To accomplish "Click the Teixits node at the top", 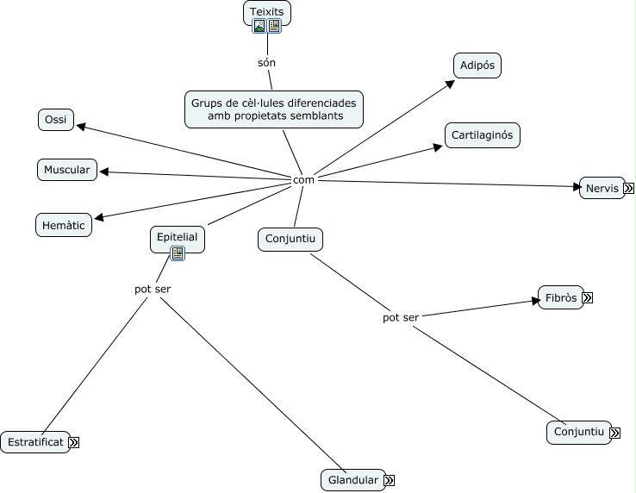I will [x=267, y=12].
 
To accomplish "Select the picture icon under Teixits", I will [x=259, y=26].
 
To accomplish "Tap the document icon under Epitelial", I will [x=178, y=253].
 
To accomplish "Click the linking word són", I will [x=267, y=63].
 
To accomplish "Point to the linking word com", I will [x=303, y=179].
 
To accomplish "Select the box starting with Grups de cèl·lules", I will [x=274, y=109].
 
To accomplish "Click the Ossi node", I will [x=57, y=120].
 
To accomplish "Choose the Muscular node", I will [x=67, y=170].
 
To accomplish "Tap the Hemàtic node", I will [x=65, y=226].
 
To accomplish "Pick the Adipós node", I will [x=477, y=66].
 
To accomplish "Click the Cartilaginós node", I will [x=483, y=135].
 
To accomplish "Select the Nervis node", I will [x=602, y=188].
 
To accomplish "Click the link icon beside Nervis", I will [x=630, y=188].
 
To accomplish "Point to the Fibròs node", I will [x=560, y=298].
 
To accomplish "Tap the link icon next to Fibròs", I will [x=588, y=298].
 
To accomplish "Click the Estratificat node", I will [x=34, y=442].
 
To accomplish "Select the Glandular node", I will [x=352, y=480].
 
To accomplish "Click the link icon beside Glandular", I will [x=390, y=480].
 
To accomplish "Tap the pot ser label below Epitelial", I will [x=153, y=289].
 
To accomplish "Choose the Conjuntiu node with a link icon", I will [x=578, y=433].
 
